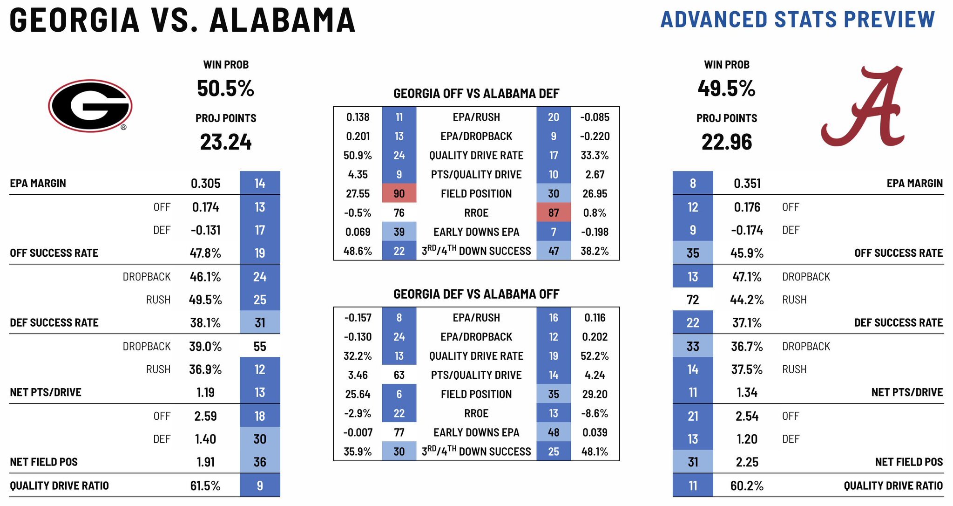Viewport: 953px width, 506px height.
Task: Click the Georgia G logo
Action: coord(90,106)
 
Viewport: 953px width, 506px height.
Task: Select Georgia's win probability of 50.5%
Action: coord(225,89)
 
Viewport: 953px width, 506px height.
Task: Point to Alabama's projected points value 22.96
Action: coord(726,142)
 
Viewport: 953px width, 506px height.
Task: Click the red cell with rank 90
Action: coord(399,193)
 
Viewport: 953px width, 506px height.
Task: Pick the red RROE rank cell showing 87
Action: coord(553,213)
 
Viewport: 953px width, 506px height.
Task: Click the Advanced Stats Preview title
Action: coord(798,20)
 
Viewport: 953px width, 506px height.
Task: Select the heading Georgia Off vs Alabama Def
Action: coord(476,94)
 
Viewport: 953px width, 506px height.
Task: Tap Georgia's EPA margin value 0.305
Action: coord(205,184)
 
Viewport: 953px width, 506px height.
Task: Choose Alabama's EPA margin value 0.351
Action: coord(747,184)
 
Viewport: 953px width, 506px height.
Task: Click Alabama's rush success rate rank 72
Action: coord(692,300)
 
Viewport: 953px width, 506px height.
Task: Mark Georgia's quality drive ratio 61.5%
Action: coord(205,486)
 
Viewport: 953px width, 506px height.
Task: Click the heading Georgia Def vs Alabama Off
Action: coord(476,294)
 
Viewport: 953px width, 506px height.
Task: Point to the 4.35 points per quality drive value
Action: coord(358,175)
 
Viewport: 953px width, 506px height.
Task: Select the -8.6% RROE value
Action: coord(595,413)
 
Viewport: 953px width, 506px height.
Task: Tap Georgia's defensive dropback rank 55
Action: coord(259,347)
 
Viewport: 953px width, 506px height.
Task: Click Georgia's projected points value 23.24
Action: coord(225,142)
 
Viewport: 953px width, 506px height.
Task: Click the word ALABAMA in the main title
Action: coord(282,21)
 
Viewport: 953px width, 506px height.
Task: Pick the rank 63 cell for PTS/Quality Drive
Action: coord(399,375)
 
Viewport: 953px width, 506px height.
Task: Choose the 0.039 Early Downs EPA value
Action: coord(595,432)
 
